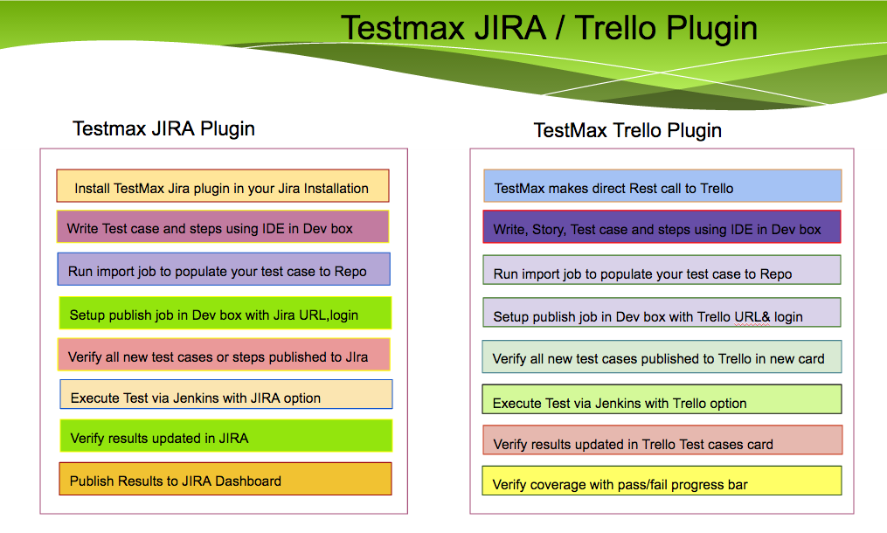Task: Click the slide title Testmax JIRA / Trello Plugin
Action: click(x=549, y=28)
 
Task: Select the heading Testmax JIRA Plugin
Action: click(x=163, y=129)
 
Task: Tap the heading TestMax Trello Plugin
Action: click(x=627, y=131)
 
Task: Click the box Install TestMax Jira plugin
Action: click(x=223, y=185)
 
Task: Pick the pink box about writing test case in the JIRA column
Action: click(x=223, y=227)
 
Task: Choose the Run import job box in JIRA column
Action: click(x=224, y=269)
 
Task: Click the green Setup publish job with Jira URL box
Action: click(x=225, y=313)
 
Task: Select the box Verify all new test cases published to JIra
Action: click(x=224, y=355)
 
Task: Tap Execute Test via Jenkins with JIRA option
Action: click(x=225, y=394)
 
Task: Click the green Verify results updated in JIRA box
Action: click(x=225, y=436)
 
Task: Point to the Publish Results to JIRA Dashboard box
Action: click(x=225, y=479)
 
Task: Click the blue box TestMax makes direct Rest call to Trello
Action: click(x=662, y=185)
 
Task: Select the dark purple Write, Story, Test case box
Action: click(x=662, y=227)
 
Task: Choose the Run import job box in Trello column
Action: click(x=662, y=270)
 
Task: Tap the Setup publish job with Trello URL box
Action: click(x=662, y=312)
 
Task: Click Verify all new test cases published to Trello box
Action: click(x=662, y=356)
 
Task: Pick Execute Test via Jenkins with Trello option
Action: click(x=662, y=399)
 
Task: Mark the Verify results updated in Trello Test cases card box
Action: click(x=662, y=440)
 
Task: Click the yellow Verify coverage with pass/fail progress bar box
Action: click(x=662, y=481)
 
